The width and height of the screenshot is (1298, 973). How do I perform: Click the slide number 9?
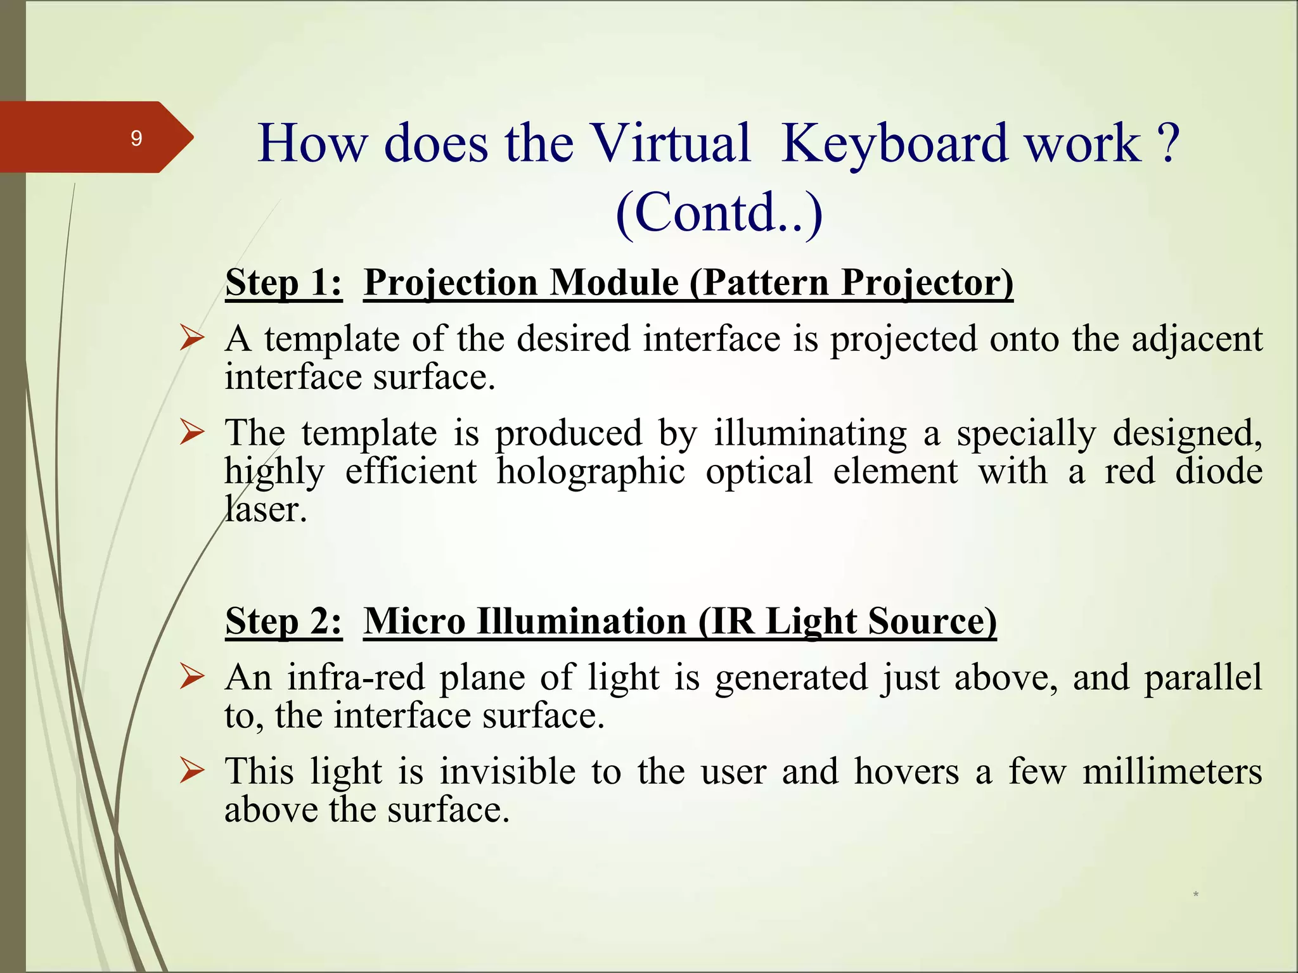pos(136,138)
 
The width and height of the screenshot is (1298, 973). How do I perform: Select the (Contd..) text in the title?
pos(719,213)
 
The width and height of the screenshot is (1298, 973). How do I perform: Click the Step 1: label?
pos(283,283)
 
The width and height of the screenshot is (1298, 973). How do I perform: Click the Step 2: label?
pos(283,621)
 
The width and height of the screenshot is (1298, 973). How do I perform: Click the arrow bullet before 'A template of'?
pos(191,337)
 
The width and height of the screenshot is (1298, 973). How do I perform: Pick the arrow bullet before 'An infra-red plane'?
pos(191,676)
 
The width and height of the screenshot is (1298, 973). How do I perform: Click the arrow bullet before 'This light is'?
pos(191,770)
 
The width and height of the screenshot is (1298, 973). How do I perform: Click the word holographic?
pos(590,472)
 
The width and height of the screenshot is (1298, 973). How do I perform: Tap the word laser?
pos(266,509)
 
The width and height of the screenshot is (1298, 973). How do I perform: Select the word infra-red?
pos(356,677)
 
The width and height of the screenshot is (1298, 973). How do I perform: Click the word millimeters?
pos(1172,772)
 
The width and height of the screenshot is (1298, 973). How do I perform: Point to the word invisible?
pos(507,772)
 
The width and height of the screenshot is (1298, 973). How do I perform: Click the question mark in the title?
pos(1167,143)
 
